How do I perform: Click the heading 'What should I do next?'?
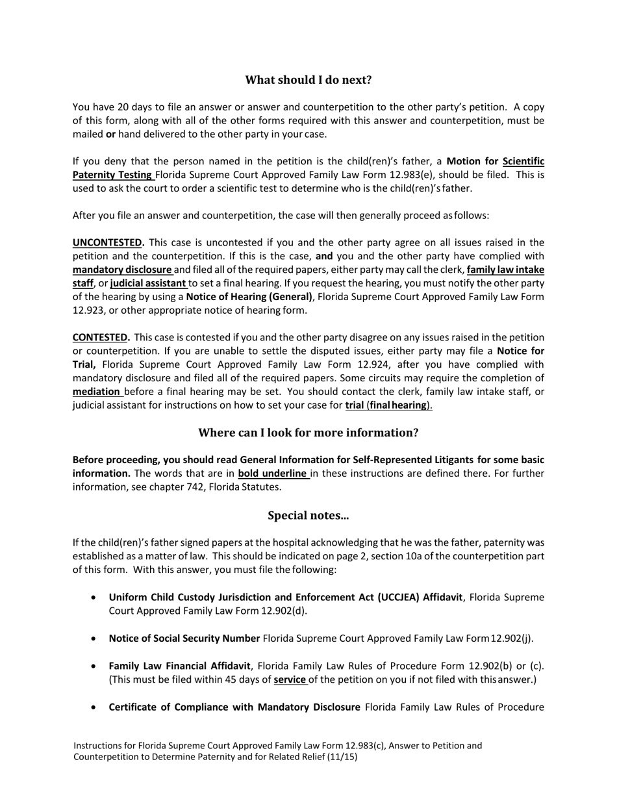[308, 80]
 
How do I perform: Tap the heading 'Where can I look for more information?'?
[308, 433]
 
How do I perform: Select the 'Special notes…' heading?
[308, 516]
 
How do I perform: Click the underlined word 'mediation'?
[97, 392]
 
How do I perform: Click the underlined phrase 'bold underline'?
[272, 474]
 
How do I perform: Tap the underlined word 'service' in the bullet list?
[289, 679]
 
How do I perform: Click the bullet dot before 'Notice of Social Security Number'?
[95, 639]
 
